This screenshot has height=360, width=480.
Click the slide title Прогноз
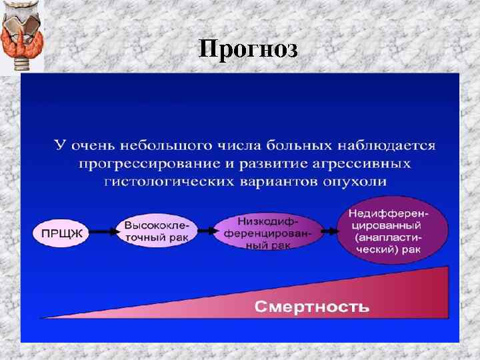point(248,49)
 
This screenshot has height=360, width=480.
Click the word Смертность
point(312,307)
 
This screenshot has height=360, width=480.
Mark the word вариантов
point(281,181)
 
